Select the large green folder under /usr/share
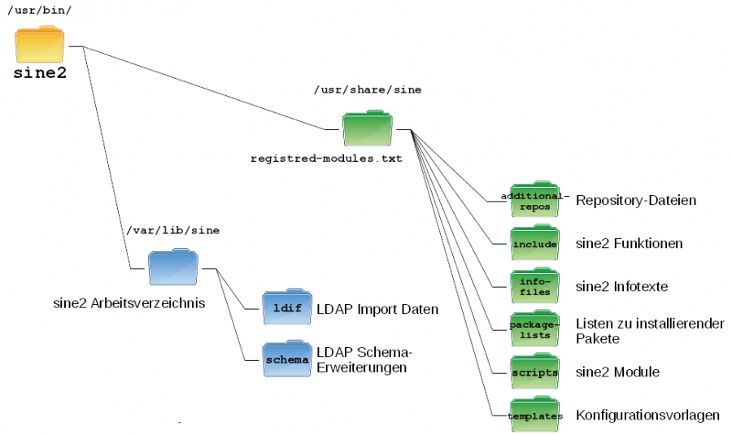(367, 128)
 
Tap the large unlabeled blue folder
(172, 269)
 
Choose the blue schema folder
(286, 360)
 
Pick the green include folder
(534, 244)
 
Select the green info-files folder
(534, 286)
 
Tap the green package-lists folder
(534, 329)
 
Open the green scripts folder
(534, 372)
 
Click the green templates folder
(534, 415)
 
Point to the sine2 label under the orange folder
(39, 75)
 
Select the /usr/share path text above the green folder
(367, 89)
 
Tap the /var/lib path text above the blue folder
(172, 230)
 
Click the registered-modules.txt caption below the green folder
(325, 159)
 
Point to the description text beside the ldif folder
(382, 309)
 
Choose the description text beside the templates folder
(648, 415)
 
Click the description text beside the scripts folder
(617, 372)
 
